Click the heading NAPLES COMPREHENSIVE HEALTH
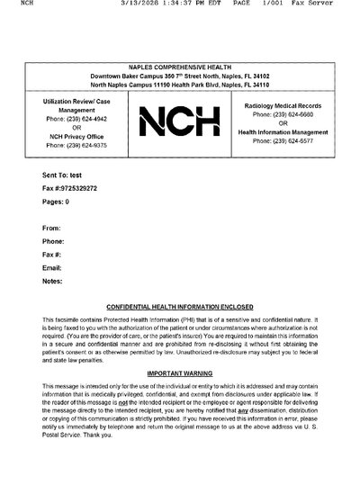coord(179,67)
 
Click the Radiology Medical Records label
coord(283,106)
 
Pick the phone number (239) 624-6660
coord(283,115)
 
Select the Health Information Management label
coord(283,132)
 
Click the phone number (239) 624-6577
coord(283,141)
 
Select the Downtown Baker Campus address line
coord(179,76)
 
